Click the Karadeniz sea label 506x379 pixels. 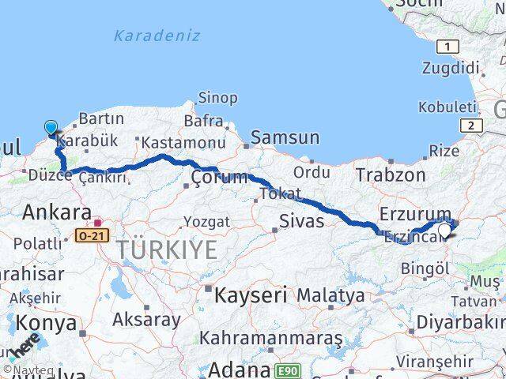pyautogui.click(x=157, y=36)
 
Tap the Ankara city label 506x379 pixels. pyautogui.click(x=56, y=212)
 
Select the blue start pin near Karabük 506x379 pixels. pyautogui.click(x=51, y=128)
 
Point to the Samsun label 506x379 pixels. pyautogui.click(x=285, y=137)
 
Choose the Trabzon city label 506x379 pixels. pyautogui.click(x=391, y=174)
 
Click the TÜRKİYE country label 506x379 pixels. pyautogui.click(x=168, y=250)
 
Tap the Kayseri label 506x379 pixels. pyautogui.click(x=251, y=295)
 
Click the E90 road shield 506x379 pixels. pyautogui.click(x=289, y=370)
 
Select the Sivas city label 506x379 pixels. pyautogui.click(x=301, y=220)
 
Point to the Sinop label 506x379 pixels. pyautogui.click(x=217, y=98)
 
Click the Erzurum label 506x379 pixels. pyautogui.click(x=414, y=213)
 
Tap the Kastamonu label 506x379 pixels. pyautogui.click(x=183, y=142)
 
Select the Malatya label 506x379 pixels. pyautogui.click(x=330, y=295)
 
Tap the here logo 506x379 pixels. pyautogui.click(x=25, y=346)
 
